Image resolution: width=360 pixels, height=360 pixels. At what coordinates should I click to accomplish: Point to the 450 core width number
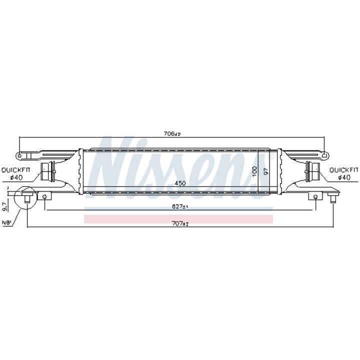pyautogui.click(x=180, y=183)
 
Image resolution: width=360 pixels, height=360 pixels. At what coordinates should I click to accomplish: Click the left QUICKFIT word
pyautogui.click(x=15, y=170)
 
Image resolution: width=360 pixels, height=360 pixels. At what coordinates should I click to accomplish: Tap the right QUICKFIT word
pyautogui.click(x=344, y=170)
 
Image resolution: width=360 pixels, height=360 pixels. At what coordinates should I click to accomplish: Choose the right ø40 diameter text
pyautogui.click(x=344, y=177)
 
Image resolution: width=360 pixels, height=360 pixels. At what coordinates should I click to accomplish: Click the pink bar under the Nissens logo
pyautogui.click(x=178, y=219)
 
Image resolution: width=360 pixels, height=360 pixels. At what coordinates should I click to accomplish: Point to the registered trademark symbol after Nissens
pyautogui.click(x=266, y=156)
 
